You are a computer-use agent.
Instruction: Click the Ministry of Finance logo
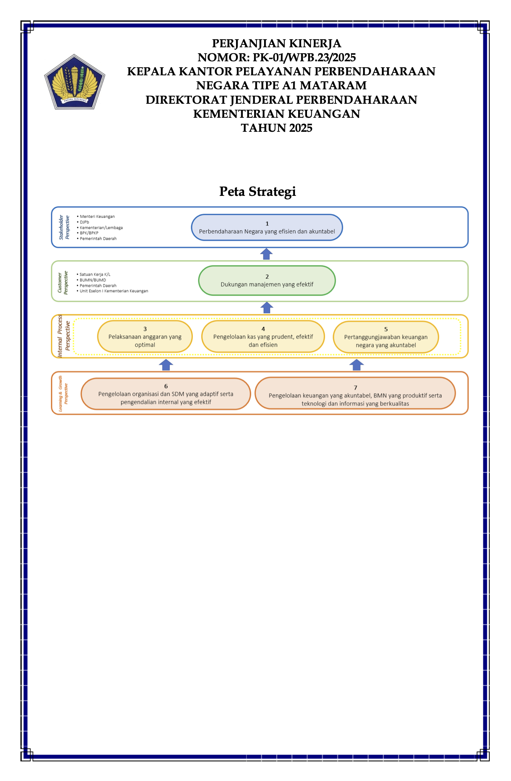click(x=75, y=82)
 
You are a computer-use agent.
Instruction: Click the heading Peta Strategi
click(x=258, y=192)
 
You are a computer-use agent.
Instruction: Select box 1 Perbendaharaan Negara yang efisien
click(x=267, y=227)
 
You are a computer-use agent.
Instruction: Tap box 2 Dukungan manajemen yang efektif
click(x=267, y=281)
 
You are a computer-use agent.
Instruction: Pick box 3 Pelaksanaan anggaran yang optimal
click(x=145, y=336)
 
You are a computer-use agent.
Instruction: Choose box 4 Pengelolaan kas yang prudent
click(x=263, y=336)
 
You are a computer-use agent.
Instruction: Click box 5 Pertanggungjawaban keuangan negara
click(x=386, y=337)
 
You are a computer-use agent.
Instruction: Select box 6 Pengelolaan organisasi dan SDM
click(x=166, y=394)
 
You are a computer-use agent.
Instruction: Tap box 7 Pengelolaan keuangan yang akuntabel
click(x=355, y=393)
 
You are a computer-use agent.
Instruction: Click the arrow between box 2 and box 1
click(x=267, y=254)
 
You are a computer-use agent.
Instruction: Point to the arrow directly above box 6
click(x=166, y=364)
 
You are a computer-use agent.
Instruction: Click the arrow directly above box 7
click(x=357, y=364)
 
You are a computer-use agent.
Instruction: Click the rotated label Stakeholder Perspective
click(x=64, y=227)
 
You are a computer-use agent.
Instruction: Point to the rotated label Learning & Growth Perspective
click(x=63, y=393)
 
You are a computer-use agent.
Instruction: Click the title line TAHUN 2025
click(x=277, y=128)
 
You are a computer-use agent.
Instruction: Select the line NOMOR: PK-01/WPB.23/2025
click(x=277, y=58)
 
